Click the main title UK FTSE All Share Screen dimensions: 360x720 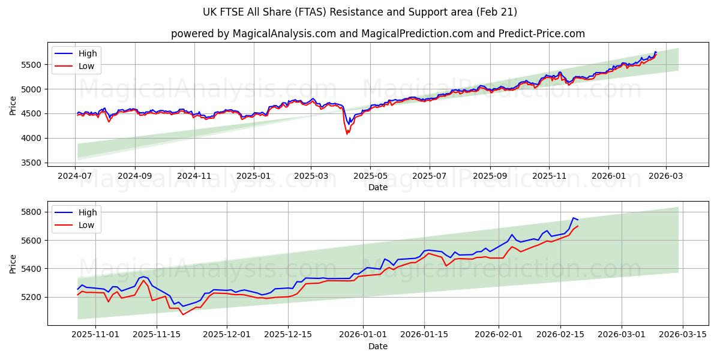click(x=360, y=12)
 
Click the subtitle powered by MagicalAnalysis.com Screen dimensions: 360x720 click(x=378, y=34)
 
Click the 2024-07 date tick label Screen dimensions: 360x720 click(x=76, y=177)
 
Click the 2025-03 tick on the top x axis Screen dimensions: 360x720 click(x=311, y=177)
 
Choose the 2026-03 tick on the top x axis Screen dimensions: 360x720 click(x=665, y=177)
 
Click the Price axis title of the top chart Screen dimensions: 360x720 click(x=13, y=105)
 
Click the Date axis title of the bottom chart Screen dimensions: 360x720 click(x=378, y=346)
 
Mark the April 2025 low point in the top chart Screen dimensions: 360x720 click(x=347, y=133)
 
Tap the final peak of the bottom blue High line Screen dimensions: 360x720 click(x=573, y=218)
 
